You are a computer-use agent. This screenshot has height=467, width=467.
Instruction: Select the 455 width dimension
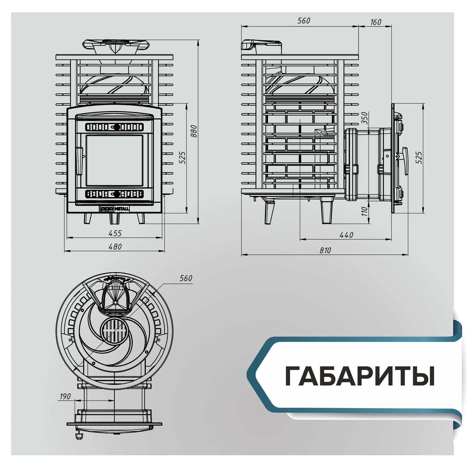click(x=115, y=233)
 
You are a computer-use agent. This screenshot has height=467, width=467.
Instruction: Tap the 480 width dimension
click(x=115, y=247)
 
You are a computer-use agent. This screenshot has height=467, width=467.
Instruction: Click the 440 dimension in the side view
click(x=346, y=235)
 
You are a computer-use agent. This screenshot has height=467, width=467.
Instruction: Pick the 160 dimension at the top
click(x=376, y=22)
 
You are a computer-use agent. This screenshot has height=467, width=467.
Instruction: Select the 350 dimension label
click(x=365, y=118)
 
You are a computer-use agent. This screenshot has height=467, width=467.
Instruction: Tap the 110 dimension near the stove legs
click(x=365, y=211)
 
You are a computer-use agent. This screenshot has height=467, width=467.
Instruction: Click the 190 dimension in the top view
click(x=65, y=396)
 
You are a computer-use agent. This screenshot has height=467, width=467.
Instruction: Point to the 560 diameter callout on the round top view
click(x=186, y=278)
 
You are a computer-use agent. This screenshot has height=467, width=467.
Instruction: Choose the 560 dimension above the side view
click(x=304, y=21)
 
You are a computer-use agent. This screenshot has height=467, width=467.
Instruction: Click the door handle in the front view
click(x=80, y=161)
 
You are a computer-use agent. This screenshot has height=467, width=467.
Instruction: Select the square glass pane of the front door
click(x=115, y=160)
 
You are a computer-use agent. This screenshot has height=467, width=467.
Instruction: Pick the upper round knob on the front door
click(x=117, y=127)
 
